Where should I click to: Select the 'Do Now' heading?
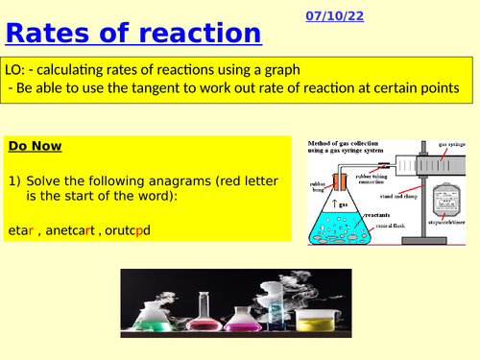pyautogui.click(x=35, y=146)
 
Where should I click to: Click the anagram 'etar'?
pyautogui.click(x=20, y=231)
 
